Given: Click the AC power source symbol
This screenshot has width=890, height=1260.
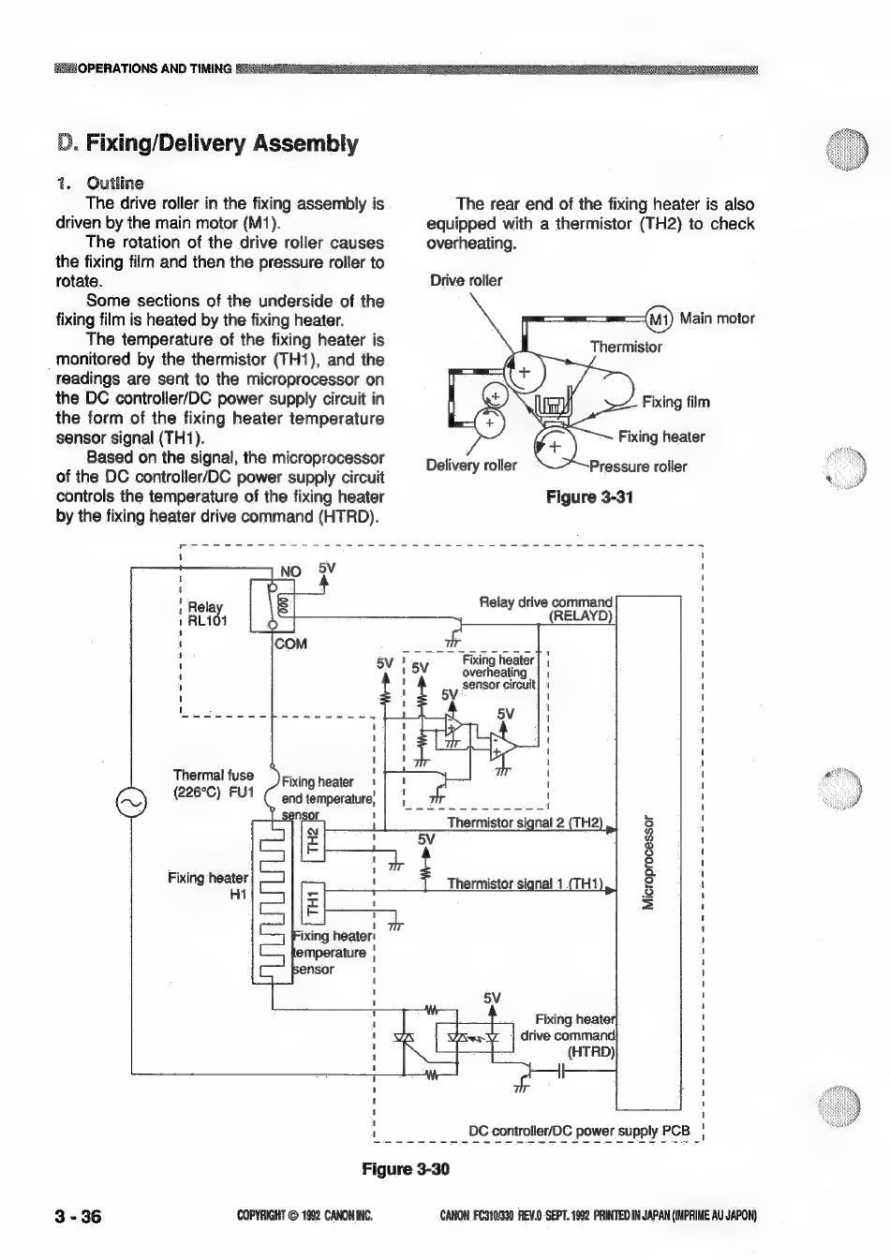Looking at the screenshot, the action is [x=131, y=803].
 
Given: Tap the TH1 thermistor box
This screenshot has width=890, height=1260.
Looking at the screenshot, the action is [x=313, y=903].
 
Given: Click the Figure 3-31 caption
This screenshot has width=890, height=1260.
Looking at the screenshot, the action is [x=589, y=497].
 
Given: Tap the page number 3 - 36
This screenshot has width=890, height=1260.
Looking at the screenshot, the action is [x=78, y=1217].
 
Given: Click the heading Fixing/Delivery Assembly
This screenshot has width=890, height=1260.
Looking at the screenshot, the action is [x=222, y=143].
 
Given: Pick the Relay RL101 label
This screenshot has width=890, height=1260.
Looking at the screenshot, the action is [x=207, y=614].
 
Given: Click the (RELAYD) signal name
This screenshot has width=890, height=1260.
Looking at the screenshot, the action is [x=581, y=615].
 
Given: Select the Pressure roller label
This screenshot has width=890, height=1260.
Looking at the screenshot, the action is [x=638, y=467].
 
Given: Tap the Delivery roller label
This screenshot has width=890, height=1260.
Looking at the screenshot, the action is [x=471, y=466].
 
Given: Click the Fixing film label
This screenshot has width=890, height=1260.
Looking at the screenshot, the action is [x=675, y=402].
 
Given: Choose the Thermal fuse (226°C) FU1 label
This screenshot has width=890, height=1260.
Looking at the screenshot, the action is [x=214, y=783].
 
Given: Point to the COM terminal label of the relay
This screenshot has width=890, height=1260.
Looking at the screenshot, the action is [x=290, y=644].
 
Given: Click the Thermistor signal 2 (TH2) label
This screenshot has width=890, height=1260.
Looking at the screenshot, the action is [x=525, y=823].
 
